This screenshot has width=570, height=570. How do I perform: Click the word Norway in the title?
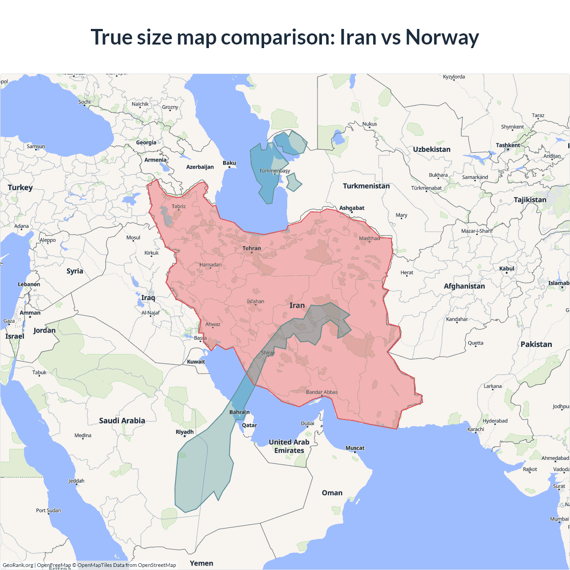point(442,37)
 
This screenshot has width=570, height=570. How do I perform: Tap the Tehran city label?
point(252,248)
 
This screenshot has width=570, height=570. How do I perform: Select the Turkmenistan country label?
point(366,186)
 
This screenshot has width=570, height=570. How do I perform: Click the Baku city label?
point(229,163)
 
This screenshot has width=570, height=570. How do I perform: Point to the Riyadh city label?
point(184,432)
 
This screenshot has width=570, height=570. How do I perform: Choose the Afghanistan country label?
point(464,286)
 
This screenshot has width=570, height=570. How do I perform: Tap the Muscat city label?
point(355,448)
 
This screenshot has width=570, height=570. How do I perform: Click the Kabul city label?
point(507,269)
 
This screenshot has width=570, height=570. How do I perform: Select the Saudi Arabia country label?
point(122,421)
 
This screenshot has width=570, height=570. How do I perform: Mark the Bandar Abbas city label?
point(322,392)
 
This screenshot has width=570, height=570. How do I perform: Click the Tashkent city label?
point(508,145)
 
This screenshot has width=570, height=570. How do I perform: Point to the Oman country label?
point(332,493)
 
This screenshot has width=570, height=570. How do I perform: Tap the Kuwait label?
point(196,362)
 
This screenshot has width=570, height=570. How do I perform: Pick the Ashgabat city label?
point(352,208)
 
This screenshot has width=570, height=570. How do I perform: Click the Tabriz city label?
point(179,206)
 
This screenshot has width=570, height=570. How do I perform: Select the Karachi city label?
point(476,429)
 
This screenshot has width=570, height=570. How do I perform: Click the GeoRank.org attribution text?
point(18,565)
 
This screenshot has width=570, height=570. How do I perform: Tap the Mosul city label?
point(133,238)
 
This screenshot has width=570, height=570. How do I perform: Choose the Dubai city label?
point(307,423)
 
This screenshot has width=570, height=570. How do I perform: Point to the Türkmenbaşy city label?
point(274,171)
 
